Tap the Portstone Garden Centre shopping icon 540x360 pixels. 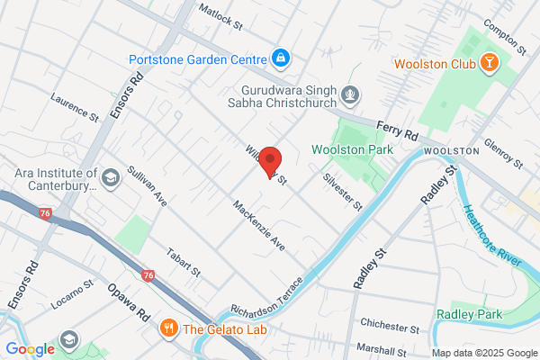tap(281, 58)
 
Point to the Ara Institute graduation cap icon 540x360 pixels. tap(111, 177)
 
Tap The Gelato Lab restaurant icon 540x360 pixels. tap(167, 328)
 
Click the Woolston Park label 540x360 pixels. tap(352, 149)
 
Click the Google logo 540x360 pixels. tap(30, 349)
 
